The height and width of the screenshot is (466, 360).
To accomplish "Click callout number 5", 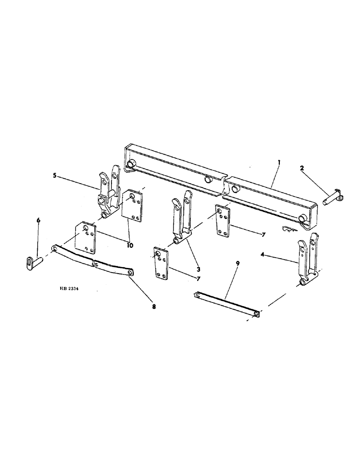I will pos(55,176).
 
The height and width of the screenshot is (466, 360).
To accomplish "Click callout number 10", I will pos(128,245).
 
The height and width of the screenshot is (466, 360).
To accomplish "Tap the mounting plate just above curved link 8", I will pos(86,238).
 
